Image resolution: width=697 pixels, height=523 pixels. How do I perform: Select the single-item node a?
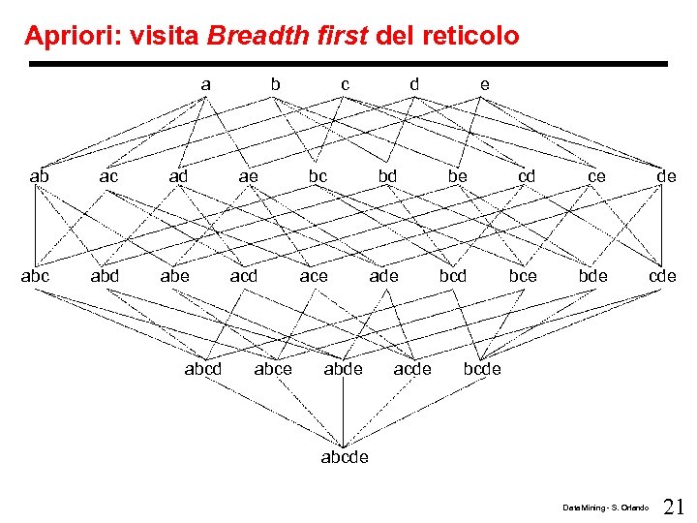click(205, 84)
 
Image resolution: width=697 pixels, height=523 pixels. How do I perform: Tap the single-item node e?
click(484, 84)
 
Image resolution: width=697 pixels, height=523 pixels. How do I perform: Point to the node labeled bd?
click(387, 176)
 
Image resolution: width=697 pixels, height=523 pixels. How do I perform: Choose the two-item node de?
click(666, 176)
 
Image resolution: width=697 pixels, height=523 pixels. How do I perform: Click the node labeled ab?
click(40, 176)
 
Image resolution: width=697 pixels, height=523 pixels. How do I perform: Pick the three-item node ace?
click(314, 276)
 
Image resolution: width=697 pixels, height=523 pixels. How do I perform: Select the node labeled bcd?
click(453, 276)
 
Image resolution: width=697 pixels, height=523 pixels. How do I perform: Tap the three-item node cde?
click(662, 276)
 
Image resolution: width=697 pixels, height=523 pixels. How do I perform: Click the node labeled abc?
click(36, 276)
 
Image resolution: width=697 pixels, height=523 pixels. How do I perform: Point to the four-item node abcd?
click(203, 368)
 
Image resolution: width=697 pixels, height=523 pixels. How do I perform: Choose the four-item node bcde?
click(482, 368)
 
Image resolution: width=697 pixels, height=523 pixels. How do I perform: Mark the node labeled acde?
click(412, 368)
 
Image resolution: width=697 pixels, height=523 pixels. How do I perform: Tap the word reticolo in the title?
click(471, 37)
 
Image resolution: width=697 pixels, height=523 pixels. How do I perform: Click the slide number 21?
click(675, 506)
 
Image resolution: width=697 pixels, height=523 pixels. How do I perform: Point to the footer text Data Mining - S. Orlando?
click(606, 508)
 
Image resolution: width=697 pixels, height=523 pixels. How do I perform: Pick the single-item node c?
click(345, 84)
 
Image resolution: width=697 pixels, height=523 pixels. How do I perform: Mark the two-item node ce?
click(596, 176)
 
